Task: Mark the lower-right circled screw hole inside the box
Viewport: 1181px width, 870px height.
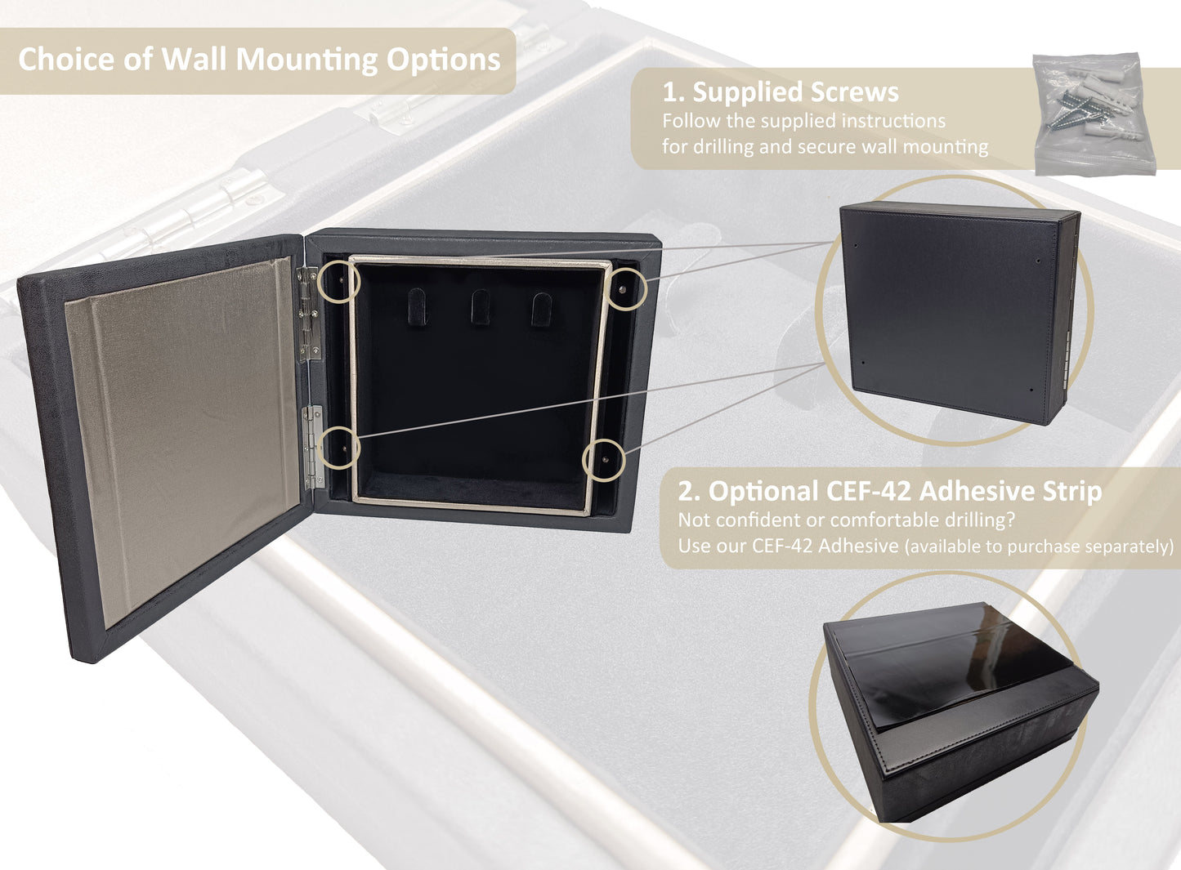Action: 605,460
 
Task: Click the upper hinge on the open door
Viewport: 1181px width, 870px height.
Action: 309,314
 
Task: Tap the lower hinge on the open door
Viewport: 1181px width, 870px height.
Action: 314,447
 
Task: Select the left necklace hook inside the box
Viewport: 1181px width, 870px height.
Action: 417,306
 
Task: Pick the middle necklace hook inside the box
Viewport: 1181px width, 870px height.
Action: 481,306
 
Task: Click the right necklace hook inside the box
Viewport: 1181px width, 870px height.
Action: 542,310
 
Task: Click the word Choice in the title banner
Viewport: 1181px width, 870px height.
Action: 66,59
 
